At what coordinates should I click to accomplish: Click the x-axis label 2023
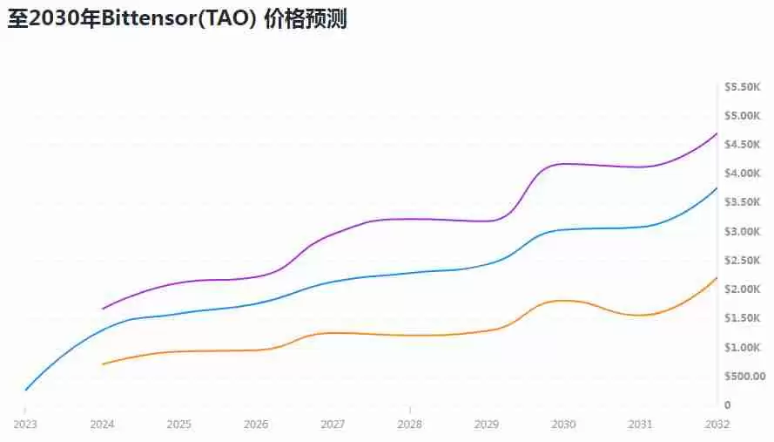point(25,424)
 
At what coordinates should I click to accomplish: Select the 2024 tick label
point(103,424)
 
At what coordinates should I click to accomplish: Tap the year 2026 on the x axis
point(256,424)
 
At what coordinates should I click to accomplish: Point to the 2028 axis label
point(410,424)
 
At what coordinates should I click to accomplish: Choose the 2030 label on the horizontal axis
point(563,424)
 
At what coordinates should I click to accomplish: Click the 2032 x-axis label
point(717,424)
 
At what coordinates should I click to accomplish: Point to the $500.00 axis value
point(744,377)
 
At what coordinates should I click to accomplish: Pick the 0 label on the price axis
point(727,405)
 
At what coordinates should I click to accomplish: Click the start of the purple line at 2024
point(103,309)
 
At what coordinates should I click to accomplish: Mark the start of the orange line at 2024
point(103,364)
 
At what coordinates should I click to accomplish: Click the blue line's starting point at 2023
point(25,391)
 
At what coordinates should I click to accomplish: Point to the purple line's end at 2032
point(717,133)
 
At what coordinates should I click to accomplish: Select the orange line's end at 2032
point(717,277)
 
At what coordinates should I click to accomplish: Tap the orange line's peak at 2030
point(566,300)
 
